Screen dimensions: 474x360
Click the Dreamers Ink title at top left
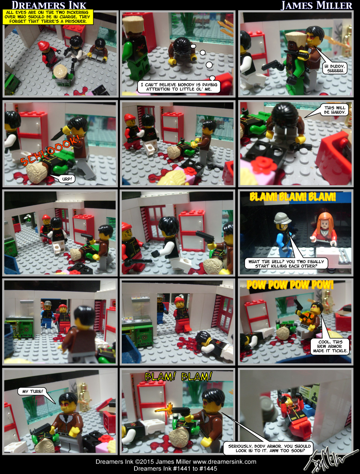49,5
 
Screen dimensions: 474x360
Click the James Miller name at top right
316,5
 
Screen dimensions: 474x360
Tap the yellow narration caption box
48,17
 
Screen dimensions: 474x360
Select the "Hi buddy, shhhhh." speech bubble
335,68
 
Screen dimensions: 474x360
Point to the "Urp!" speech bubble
67,179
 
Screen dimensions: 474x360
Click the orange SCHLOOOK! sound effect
49,150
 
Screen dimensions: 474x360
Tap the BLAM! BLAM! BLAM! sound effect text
292,197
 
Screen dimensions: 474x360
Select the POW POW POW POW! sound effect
290,285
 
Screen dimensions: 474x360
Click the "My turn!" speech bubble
32,391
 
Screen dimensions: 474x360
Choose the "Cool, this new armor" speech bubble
330,346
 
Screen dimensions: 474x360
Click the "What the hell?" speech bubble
286,264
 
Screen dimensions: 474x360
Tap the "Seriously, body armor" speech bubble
269,448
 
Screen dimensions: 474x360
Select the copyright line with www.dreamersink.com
175,462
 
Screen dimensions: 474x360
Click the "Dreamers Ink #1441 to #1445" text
175,468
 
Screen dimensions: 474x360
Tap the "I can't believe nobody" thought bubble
178,87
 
